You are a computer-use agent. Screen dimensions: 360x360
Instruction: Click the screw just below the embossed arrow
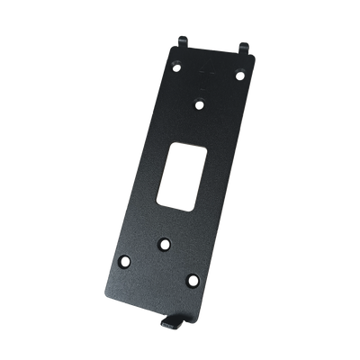[201, 103]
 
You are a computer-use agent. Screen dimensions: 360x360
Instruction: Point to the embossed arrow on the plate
[211, 80]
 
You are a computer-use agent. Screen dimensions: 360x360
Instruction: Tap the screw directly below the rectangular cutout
[165, 242]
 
